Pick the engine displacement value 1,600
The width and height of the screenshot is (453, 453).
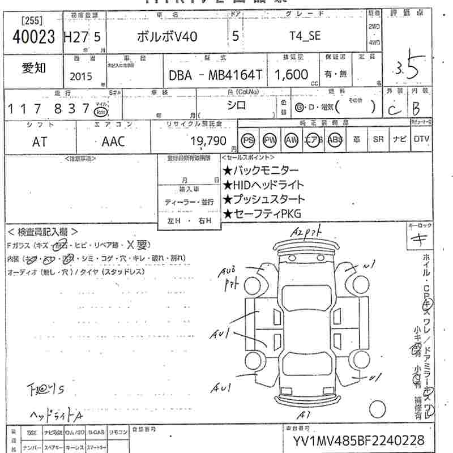pyautogui.click(x=292, y=75)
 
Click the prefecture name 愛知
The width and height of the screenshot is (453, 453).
pyautogui.click(x=35, y=69)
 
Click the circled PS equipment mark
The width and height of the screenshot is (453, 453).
pyautogui.click(x=247, y=140)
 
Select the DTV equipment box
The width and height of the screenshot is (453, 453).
pyautogui.click(x=421, y=139)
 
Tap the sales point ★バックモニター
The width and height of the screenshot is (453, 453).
pyautogui.click(x=260, y=170)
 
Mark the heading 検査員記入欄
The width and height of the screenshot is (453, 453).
pyautogui.click(x=43, y=232)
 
